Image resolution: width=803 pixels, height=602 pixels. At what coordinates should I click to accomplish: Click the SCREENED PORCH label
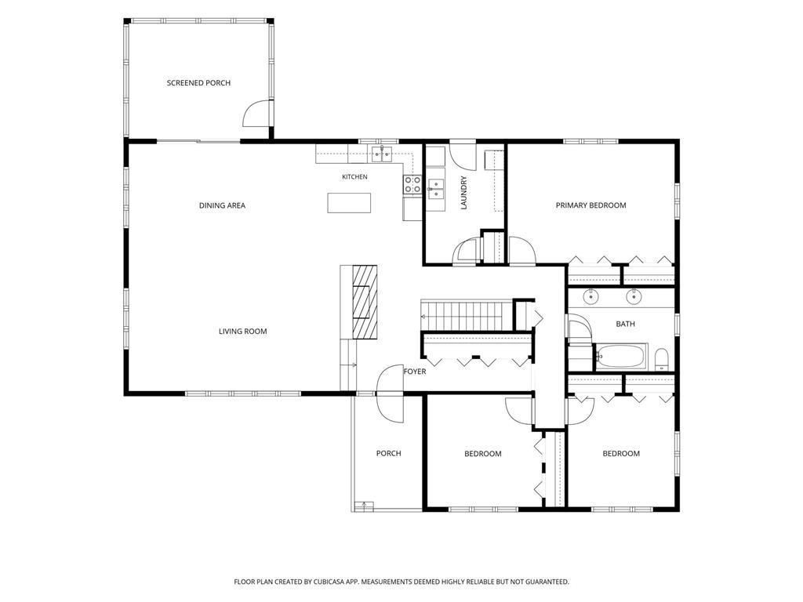[x=198, y=83]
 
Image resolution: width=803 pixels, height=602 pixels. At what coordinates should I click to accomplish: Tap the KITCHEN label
[x=354, y=177]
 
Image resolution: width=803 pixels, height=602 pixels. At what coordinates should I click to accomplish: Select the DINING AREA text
[x=222, y=206]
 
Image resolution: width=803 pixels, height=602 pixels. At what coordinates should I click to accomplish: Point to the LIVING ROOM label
[x=243, y=332]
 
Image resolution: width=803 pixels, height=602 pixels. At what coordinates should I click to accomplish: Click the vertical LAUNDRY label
[x=464, y=193]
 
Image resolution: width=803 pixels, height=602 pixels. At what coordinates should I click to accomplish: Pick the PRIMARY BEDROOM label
[x=591, y=205]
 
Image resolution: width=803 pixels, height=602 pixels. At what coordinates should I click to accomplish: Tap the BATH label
[x=625, y=324]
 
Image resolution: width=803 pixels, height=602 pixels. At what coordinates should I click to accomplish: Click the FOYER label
[x=415, y=372]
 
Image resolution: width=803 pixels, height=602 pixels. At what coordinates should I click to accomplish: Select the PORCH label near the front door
[x=389, y=454]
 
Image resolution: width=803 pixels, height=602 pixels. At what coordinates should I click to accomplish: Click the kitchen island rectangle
[x=349, y=203]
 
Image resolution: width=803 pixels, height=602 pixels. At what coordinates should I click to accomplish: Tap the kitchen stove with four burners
[x=412, y=185]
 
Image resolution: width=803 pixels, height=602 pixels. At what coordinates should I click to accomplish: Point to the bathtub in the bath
[x=621, y=355]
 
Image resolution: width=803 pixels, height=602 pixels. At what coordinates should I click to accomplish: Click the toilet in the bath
[x=662, y=359]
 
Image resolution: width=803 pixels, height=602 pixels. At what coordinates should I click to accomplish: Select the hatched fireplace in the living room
[x=365, y=302]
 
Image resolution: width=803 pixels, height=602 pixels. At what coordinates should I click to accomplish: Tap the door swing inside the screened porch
[x=256, y=113]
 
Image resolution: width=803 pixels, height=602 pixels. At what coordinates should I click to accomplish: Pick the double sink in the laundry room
[x=436, y=188]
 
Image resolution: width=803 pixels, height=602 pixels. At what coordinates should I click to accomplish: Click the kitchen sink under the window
[x=382, y=153]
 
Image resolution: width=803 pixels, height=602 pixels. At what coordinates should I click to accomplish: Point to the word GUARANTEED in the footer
[x=548, y=582]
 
